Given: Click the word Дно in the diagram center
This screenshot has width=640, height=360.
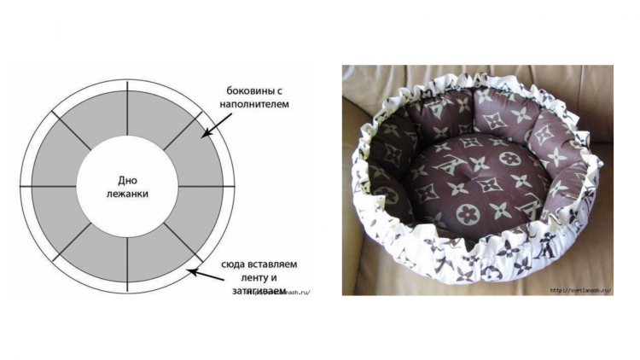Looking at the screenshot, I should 128,179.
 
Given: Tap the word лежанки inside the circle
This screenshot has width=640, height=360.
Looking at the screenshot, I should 128,194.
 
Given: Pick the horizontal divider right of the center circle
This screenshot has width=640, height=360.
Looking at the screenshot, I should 206,186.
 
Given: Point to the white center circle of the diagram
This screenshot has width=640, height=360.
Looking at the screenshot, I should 127,162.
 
